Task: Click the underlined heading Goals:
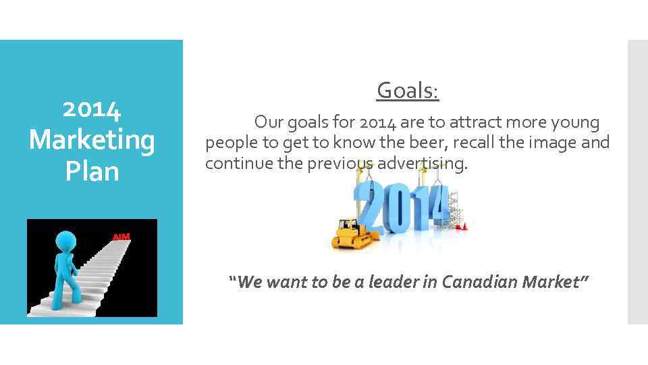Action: pyautogui.click(x=408, y=90)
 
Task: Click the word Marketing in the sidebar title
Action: pyautogui.click(x=92, y=141)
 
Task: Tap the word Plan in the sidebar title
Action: pyautogui.click(x=92, y=171)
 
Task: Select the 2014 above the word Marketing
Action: pyautogui.click(x=92, y=109)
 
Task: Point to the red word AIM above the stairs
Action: pyautogui.click(x=122, y=237)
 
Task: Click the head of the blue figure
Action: pyautogui.click(x=65, y=242)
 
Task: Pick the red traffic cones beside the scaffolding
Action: pyautogui.click(x=462, y=226)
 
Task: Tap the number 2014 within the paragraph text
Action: pyautogui.click(x=377, y=123)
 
